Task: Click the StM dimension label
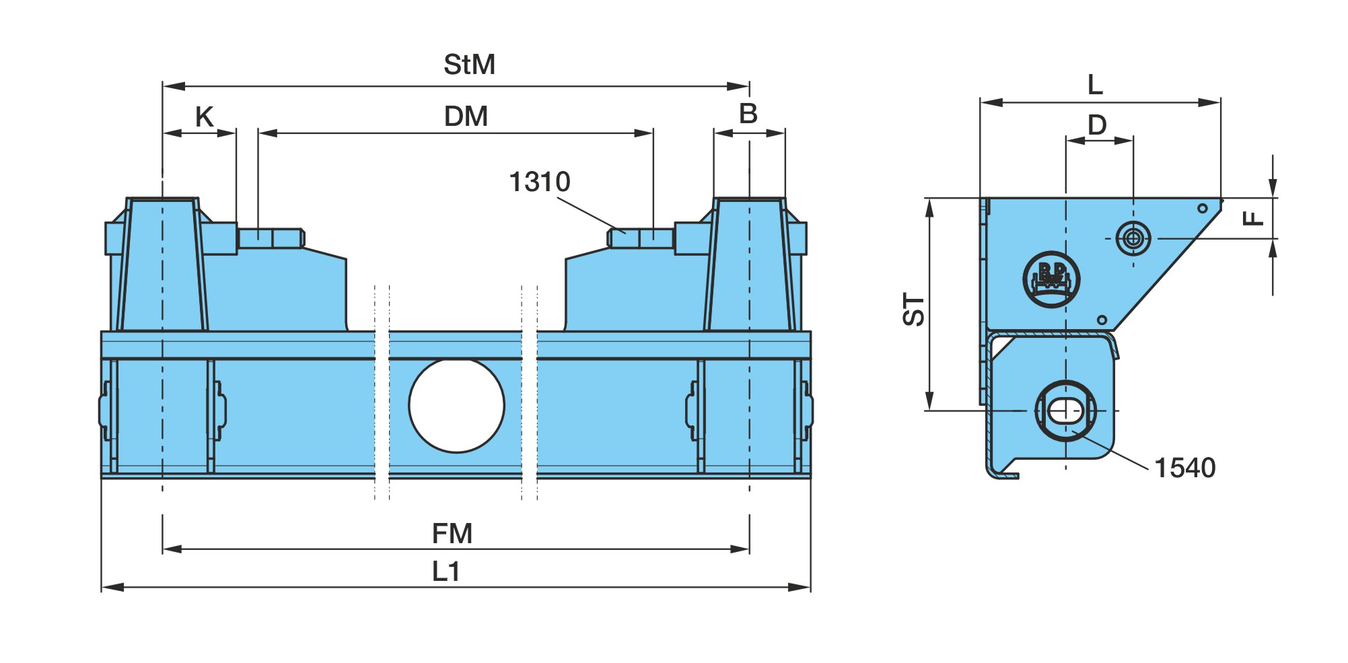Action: pyautogui.click(x=469, y=65)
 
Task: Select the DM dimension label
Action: pyautogui.click(x=466, y=116)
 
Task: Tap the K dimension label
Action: pyautogui.click(x=204, y=117)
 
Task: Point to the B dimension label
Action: pyautogui.click(x=748, y=114)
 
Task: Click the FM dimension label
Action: pyautogui.click(x=452, y=534)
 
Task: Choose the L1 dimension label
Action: pyautogui.click(x=446, y=571)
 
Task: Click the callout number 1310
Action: pyautogui.click(x=540, y=182)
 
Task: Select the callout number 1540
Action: pyautogui.click(x=1185, y=468)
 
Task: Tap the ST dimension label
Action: pyautogui.click(x=914, y=309)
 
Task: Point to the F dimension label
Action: pyautogui.click(x=1252, y=218)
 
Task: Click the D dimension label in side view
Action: pyautogui.click(x=1097, y=125)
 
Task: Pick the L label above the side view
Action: pyautogui.click(x=1095, y=85)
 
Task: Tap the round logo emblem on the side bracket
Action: pyautogui.click(x=1051, y=279)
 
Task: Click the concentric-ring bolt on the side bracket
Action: pyautogui.click(x=1133, y=238)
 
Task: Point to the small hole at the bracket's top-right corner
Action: pyautogui.click(x=1203, y=208)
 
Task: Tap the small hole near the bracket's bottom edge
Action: pyautogui.click(x=1102, y=320)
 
